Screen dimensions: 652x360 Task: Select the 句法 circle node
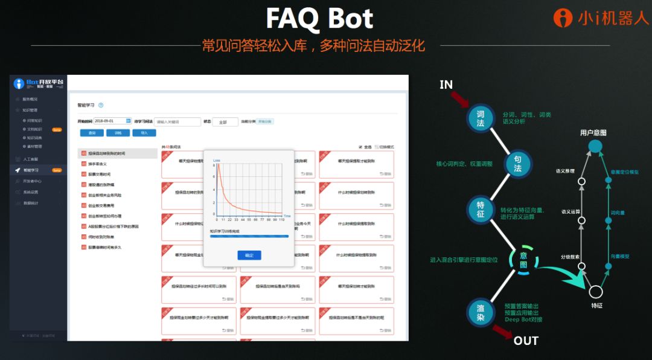coord(517,164)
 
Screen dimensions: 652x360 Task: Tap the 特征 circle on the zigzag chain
coord(481,209)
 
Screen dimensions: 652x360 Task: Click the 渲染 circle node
coord(481,312)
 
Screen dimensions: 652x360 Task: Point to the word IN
coord(446,85)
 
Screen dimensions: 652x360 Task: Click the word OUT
coord(525,341)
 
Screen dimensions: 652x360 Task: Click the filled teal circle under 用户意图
coord(595,146)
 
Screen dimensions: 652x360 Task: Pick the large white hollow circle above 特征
coord(596,292)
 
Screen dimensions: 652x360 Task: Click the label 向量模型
coord(619,256)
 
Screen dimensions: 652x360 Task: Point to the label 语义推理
coord(565,171)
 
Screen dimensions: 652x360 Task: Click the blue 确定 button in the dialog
coord(249,256)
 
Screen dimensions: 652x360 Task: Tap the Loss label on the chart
coord(216,161)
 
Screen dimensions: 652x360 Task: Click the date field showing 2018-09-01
coord(113,121)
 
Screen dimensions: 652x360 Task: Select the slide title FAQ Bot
coord(319,19)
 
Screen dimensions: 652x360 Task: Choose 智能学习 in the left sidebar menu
coord(31,170)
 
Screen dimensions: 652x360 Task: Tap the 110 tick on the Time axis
coord(281,220)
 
